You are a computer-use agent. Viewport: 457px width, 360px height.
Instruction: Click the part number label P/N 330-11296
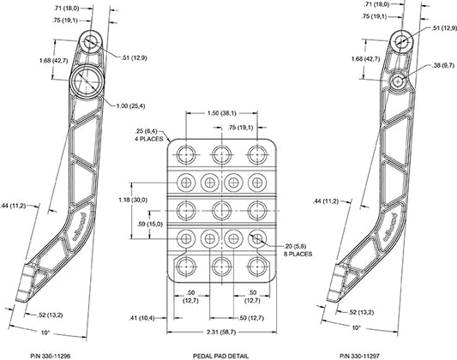point(51,356)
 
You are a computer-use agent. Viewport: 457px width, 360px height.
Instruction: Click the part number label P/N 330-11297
point(359,356)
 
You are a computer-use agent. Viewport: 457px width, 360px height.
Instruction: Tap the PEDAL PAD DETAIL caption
point(221,356)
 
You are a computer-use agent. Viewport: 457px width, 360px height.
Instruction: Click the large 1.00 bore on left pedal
point(87,81)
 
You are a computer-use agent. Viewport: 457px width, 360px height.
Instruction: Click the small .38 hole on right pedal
point(398,81)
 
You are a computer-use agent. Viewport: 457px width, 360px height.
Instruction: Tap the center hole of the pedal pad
point(221,210)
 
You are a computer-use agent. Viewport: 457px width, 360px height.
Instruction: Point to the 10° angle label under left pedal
point(45,333)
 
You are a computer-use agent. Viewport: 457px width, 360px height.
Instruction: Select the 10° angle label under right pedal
point(356,327)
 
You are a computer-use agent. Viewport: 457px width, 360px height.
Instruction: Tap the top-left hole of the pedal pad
point(186,154)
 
